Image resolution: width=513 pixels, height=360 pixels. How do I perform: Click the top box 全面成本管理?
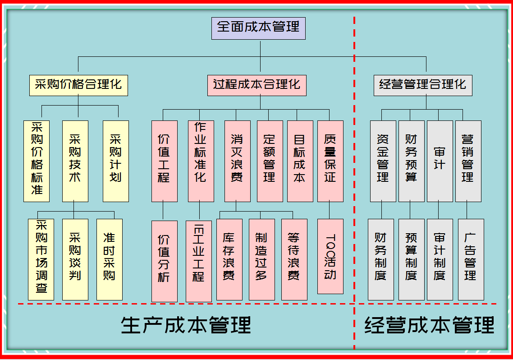(258, 28)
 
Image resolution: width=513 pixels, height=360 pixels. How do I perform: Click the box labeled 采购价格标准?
(37, 161)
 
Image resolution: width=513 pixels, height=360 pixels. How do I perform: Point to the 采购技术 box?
(75, 161)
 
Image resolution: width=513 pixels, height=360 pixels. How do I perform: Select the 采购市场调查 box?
(41, 259)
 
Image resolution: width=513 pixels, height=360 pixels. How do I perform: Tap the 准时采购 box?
(110, 259)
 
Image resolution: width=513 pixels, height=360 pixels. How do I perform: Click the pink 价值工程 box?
(165, 161)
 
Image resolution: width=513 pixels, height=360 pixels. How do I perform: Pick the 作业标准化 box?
(201, 161)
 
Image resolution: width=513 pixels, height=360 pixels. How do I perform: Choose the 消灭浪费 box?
(238, 161)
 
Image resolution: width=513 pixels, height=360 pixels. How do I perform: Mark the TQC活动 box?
(330, 256)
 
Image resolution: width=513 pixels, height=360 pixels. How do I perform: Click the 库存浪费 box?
(229, 259)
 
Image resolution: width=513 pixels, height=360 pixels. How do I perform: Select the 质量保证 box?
(330, 161)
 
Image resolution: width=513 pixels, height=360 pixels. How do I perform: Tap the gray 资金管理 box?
(383, 161)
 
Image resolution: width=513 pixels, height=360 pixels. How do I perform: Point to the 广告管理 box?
(471, 259)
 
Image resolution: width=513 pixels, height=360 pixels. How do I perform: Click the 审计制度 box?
(440, 259)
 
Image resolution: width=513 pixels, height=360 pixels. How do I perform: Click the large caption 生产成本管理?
(186, 325)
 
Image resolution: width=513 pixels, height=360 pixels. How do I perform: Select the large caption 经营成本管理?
(429, 325)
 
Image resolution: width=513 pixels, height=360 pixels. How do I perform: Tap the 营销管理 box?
(468, 161)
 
